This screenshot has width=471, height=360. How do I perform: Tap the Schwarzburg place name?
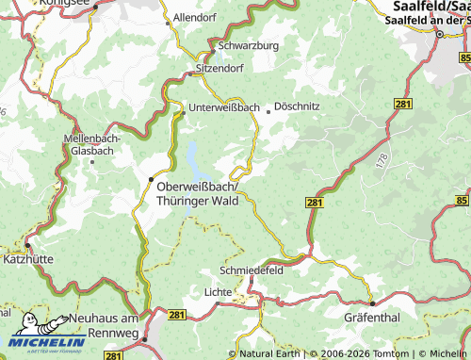249,45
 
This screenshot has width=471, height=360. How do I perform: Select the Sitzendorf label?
221,69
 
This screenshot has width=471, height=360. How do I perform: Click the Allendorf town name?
196,18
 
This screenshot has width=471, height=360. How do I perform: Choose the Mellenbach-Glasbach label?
92,144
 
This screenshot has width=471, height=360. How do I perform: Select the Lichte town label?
219,292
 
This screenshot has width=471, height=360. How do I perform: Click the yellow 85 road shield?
462,201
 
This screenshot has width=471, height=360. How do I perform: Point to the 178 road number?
380,161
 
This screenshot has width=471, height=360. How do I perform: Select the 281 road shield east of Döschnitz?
402,104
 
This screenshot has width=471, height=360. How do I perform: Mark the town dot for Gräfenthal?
372,303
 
